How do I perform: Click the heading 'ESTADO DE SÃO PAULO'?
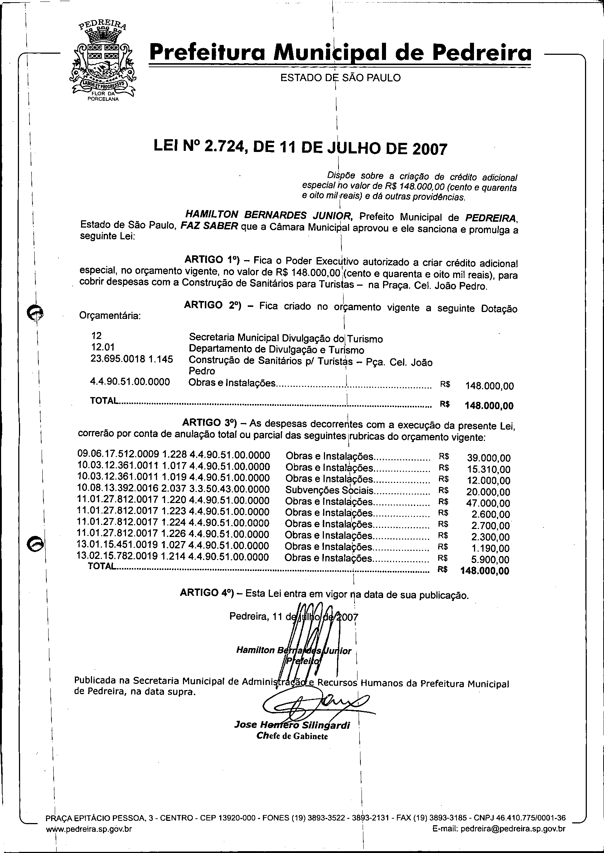[x=340, y=78]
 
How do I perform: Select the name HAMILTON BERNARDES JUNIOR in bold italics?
[x=268, y=215]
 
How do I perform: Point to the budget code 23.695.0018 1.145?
[x=132, y=359]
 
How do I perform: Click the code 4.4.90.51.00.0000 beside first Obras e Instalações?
[x=130, y=382]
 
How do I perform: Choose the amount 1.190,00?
[x=493, y=548]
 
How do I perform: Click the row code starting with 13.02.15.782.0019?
[x=173, y=557]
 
